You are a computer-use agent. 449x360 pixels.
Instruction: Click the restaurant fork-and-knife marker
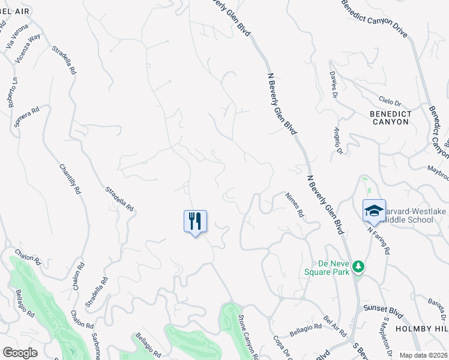pyautogui.click(x=195, y=221)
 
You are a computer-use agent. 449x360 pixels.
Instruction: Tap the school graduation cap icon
pyautogui.click(x=374, y=211)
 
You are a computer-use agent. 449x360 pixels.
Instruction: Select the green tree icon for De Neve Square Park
pyautogui.click(x=359, y=266)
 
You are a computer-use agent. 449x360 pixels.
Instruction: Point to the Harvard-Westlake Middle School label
pyautogui.click(x=406, y=215)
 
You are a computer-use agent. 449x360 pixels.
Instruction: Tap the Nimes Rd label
pyautogui.click(x=295, y=204)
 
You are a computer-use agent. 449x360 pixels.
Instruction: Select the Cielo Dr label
pyautogui.click(x=390, y=100)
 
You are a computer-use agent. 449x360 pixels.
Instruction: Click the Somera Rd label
pyautogui.click(x=26, y=117)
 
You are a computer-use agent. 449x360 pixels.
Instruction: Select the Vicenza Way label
pyautogui.click(x=28, y=48)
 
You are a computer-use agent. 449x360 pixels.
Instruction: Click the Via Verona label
pyautogui.click(x=17, y=36)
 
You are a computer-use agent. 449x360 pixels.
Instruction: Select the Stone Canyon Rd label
pyautogui.click(x=248, y=337)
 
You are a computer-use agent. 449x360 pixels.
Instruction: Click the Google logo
pyautogui.click(x=20, y=352)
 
